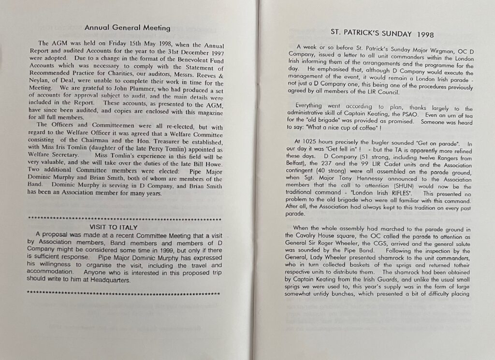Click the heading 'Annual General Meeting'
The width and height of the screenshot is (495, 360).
[127, 28]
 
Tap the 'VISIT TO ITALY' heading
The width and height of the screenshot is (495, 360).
[114, 227]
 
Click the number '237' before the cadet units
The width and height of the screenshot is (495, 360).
[336, 156]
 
